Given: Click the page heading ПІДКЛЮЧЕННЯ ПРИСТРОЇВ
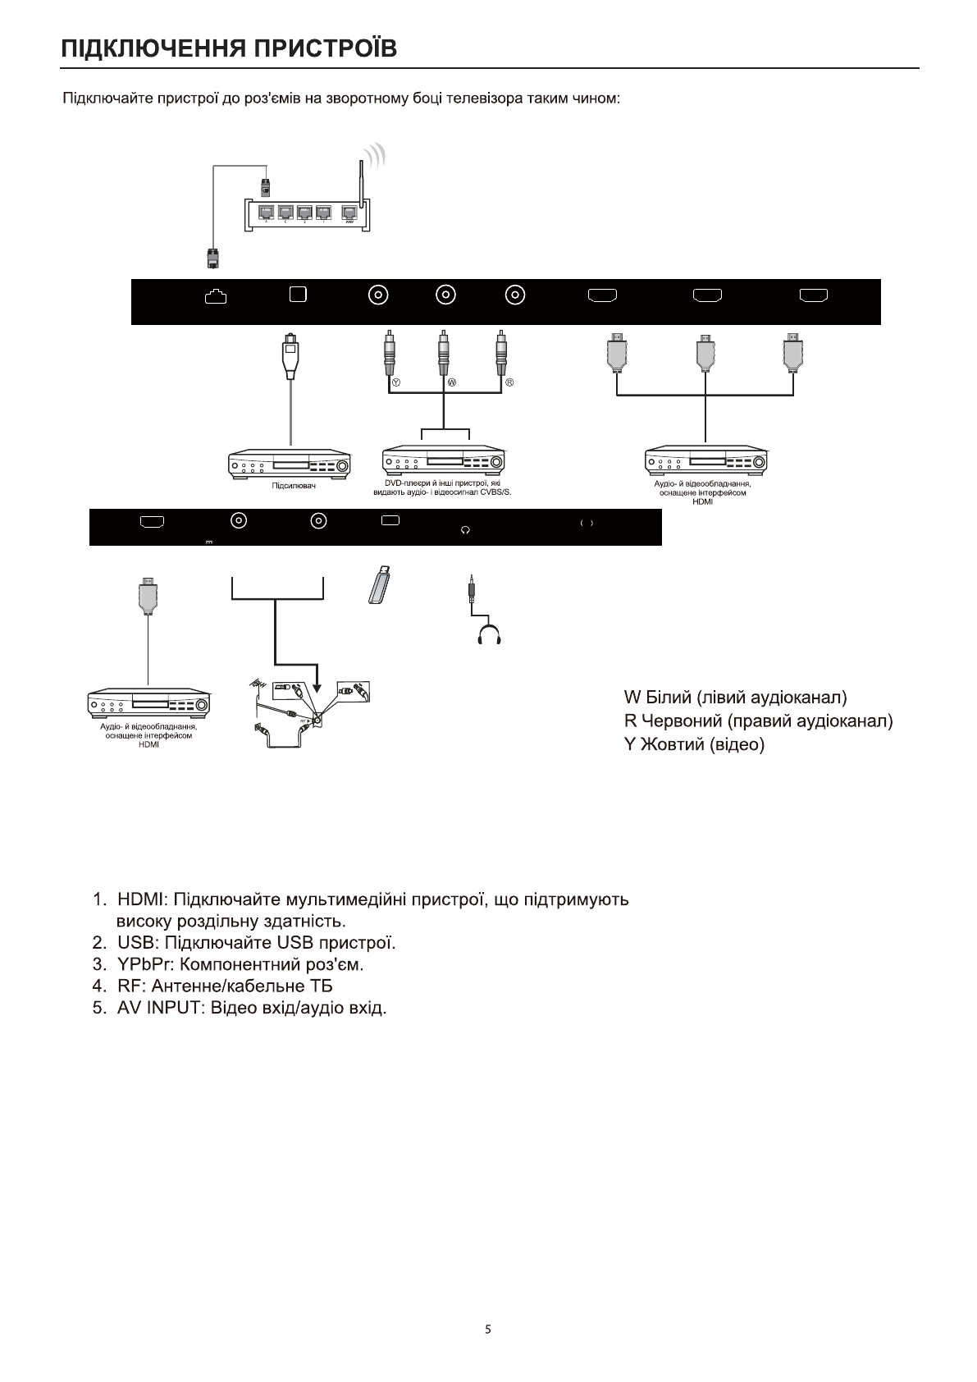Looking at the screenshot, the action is pos(230,48).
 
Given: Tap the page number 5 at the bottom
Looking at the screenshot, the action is pos(488,1329).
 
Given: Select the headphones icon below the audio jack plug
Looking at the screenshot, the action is pos(489,634).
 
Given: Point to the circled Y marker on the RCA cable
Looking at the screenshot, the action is pos(395,383).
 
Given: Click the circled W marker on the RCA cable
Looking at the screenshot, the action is pos(451,383).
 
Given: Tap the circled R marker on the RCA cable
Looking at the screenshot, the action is pos(509,383).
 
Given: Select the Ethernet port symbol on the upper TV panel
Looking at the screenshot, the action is pos(215,296).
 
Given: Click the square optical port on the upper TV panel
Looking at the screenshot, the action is pos(298,294).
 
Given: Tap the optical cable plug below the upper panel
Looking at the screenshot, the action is pos(290,355).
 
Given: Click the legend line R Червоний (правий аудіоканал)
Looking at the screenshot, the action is pos(758,721).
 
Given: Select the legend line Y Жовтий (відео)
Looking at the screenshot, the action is pos(694,745).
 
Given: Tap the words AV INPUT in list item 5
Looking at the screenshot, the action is pos(158,1007).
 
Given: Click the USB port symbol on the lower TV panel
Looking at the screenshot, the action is pos(391,519).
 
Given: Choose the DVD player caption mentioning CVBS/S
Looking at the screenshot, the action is pos(442,488).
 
